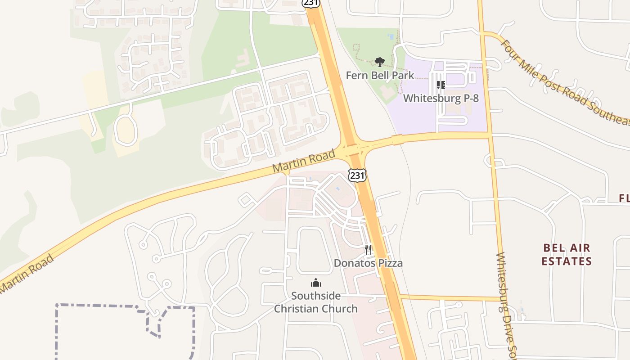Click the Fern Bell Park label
point(380,75)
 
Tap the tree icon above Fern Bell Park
point(380,62)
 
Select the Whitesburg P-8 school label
point(441,98)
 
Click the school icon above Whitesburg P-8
point(441,85)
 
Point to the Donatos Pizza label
point(368,263)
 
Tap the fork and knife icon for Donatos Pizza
point(368,250)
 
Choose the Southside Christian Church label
point(315,302)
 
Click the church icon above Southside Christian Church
point(316,283)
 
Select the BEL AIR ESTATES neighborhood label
point(567,255)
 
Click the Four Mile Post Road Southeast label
point(565,83)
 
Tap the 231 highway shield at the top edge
point(311,3)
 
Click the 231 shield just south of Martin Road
point(357,175)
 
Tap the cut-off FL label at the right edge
point(624,198)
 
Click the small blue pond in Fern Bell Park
point(390,36)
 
